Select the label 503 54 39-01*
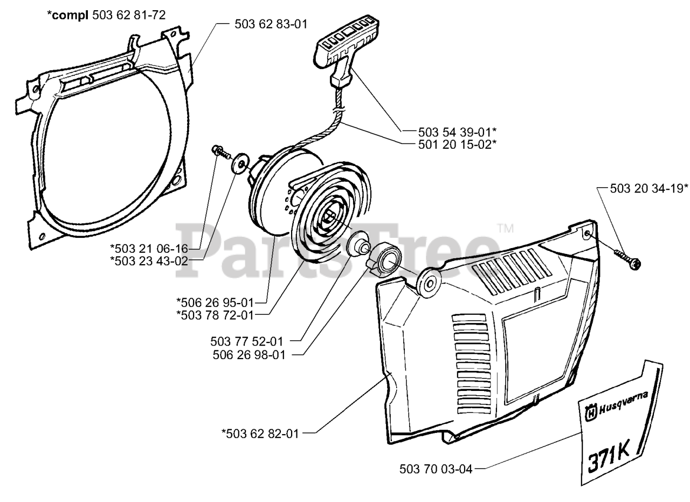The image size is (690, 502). pos(457,131)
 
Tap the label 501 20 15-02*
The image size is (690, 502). pos(457,143)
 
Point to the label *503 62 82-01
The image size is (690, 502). pos(260,432)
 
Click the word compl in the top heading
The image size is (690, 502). pos(70,15)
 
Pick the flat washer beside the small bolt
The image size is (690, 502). pos(238,162)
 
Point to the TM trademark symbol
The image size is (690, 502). pos(505,228)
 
